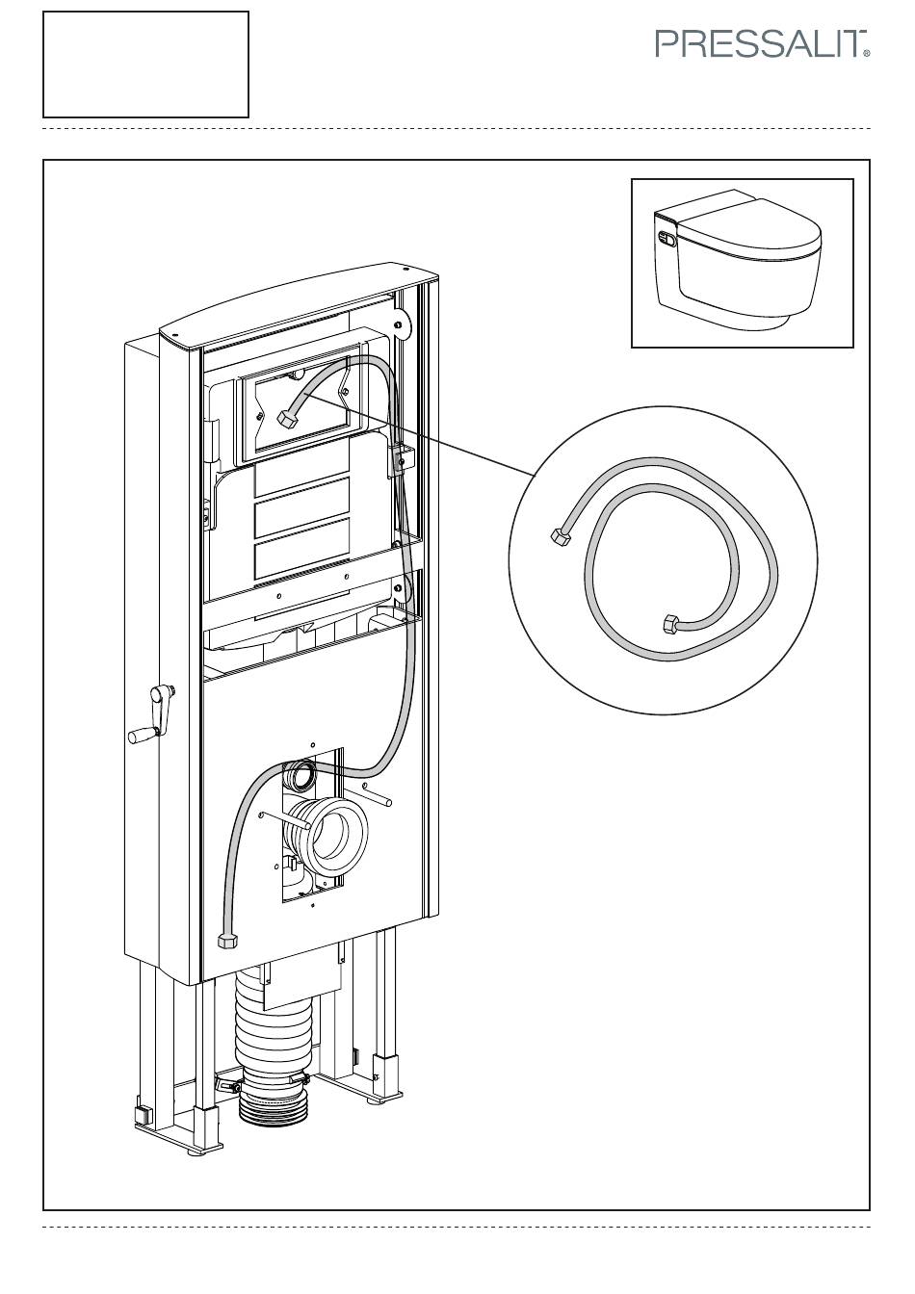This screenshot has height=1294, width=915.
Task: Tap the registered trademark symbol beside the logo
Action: tap(867, 54)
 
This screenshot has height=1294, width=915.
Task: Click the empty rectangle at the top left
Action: tap(145, 65)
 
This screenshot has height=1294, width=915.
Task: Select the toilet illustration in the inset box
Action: tap(738, 260)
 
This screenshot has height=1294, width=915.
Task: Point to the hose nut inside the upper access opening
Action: tap(287, 420)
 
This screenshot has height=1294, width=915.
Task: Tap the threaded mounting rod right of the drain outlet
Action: tap(378, 794)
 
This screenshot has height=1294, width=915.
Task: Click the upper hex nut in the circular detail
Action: tap(561, 535)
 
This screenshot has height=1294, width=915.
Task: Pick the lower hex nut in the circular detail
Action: tap(671, 625)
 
